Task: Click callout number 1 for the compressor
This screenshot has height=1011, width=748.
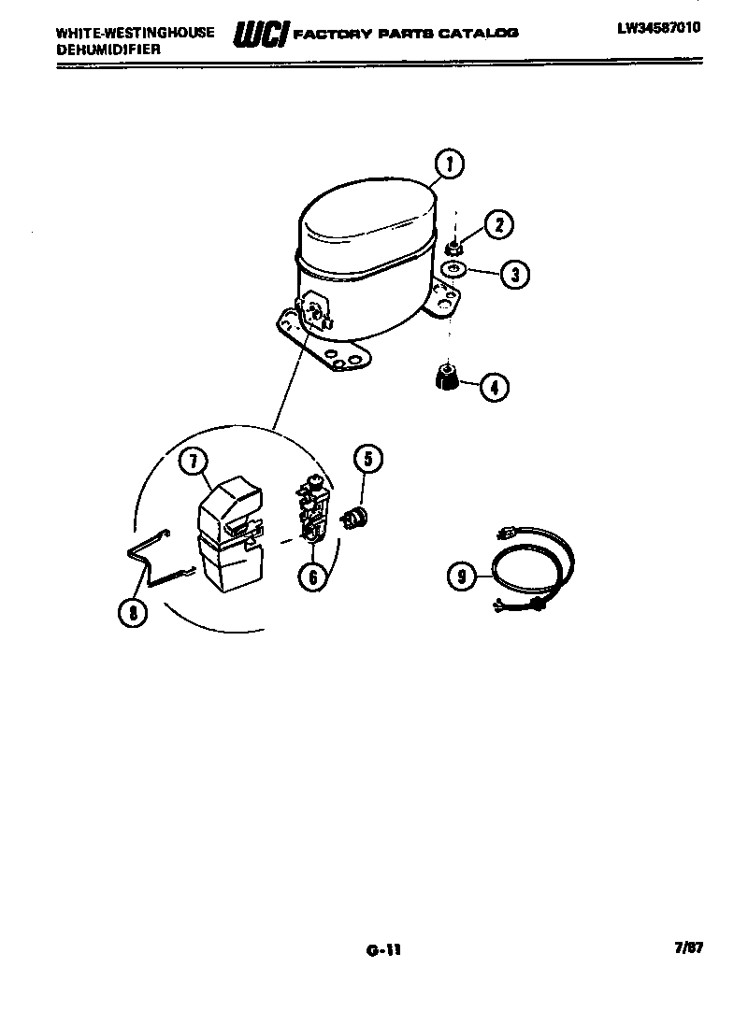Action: pyautogui.click(x=450, y=165)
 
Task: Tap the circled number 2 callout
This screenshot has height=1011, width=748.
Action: pyautogui.click(x=499, y=224)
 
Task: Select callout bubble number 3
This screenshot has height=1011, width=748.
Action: pyautogui.click(x=514, y=274)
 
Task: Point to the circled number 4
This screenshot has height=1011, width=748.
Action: pyautogui.click(x=495, y=385)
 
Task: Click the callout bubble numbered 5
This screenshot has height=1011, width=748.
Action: pyautogui.click(x=367, y=458)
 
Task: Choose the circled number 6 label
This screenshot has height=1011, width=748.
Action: pyautogui.click(x=313, y=577)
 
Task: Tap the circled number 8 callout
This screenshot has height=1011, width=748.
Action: pyautogui.click(x=134, y=612)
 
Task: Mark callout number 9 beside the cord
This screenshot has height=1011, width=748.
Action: pyautogui.click(x=462, y=577)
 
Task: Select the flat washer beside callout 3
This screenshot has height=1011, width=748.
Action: pyautogui.click(x=454, y=270)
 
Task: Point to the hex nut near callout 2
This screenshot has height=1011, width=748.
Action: pyautogui.click(x=452, y=249)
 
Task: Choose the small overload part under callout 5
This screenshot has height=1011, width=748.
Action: pyautogui.click(x=354, y=516)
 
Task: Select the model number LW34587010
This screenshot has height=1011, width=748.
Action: pyautogui.click(x=659, y=28)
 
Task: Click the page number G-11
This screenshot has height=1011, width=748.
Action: pyautogui.click(x=383, y=951)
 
